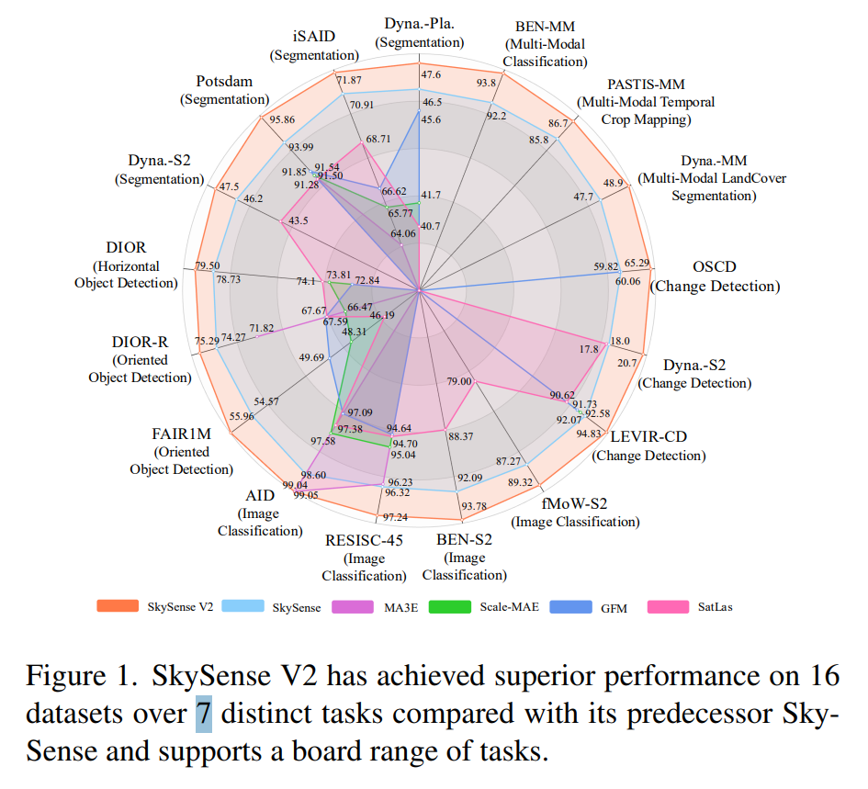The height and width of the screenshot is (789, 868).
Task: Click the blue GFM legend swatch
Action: tap(568, 606)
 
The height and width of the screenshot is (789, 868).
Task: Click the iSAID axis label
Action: tap(315, 38)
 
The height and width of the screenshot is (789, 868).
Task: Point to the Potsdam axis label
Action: tap(224, 82)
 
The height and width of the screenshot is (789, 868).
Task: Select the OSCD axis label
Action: tap(715, 267)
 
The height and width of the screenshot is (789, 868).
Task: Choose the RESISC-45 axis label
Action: tap(364, 539)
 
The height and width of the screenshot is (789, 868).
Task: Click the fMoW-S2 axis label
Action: tap(575, 503)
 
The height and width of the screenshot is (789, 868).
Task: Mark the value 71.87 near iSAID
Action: tap(349, 81)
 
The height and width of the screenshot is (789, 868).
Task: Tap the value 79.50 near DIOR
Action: tap(208, 265)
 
